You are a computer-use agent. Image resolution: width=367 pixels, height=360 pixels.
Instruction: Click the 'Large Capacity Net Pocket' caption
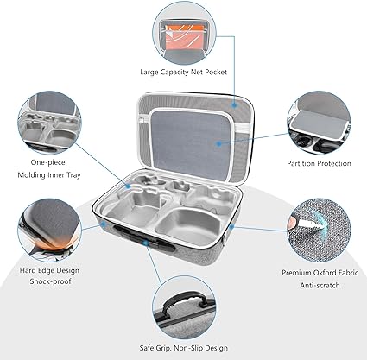[183, 72]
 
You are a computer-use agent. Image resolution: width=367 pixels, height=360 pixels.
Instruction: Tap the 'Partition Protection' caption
[319, 163]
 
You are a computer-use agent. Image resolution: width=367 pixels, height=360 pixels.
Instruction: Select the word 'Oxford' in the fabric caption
[320, 272]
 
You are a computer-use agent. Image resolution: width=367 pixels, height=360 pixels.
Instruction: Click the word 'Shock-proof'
[50, 281]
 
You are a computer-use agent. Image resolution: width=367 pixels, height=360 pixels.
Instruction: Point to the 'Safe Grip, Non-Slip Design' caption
[184, 348]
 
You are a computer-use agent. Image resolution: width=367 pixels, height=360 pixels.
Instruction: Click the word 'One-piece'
[47, 162]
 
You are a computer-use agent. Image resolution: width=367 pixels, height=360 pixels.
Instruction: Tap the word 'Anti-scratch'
[320, 285]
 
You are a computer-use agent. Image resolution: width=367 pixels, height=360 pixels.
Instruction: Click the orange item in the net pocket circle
[185, 37]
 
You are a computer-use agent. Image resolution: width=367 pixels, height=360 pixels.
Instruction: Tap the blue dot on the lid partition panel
[219, 142]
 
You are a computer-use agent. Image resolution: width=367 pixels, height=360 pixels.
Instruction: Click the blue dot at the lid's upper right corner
[235, 105]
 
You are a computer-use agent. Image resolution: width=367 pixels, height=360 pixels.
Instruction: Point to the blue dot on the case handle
[146, 243]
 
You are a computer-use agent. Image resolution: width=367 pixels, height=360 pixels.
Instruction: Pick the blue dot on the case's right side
[232, 227]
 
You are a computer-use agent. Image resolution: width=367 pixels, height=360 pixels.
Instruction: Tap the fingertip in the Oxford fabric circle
[292, 223]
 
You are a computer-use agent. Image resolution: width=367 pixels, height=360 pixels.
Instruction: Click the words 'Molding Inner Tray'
[49, 175]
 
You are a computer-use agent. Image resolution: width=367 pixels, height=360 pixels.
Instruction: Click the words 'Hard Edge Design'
[49, 270]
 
